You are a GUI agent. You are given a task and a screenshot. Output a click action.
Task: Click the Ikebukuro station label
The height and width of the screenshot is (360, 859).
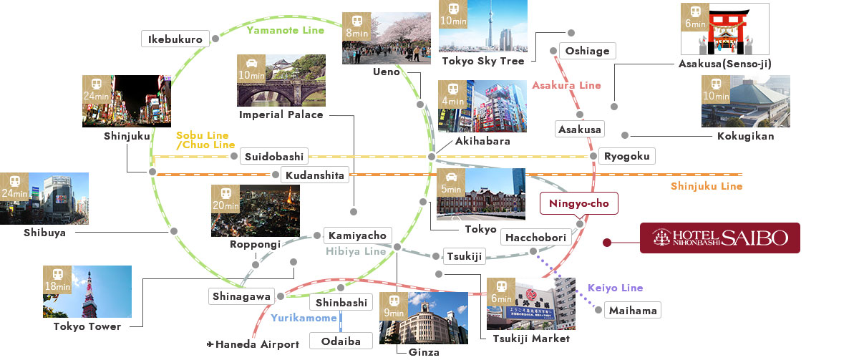pyautogui.click(x=175, y=39)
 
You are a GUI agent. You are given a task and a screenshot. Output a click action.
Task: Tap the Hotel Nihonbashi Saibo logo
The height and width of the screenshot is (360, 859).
pyautogui.click(x=719, y=238)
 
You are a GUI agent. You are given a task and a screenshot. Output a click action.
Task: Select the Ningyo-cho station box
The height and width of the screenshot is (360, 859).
pyautogui.click(x=578, y=204)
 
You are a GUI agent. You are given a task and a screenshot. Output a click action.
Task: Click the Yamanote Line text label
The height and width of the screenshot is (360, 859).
pyautogui.click(x=285, y=30)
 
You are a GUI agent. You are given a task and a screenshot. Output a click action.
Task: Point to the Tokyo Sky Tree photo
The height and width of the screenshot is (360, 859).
pyautogui.click(x=482, y=26)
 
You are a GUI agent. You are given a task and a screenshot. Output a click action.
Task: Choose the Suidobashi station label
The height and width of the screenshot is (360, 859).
pyautogui.click(x=274, y=156)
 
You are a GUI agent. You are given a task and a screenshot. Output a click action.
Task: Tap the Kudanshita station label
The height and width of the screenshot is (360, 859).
pyautogui.click(x=314, y=175)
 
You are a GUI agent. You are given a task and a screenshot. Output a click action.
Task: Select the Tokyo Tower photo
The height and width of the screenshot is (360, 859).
pyautogui.click(x=87, y=291)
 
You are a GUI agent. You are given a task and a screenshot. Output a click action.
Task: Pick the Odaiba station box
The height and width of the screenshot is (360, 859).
pyautogui.click(x=341, y=340)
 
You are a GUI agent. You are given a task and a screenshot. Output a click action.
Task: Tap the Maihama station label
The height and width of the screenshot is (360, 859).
pyautogui.click(x=631, y=311)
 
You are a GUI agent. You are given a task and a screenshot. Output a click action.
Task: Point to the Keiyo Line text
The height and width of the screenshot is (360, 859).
pyautogui.click(x=615, y=288)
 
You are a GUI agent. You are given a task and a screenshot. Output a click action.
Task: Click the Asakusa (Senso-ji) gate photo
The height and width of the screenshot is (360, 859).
pyautogui.click(x=724, y=29)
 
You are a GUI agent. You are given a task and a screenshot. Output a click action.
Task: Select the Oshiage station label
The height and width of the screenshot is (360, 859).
pyautogui.click(x=587, y=51)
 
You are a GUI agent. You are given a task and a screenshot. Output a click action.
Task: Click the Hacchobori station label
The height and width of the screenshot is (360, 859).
pyautogui.click(x=535, y=238)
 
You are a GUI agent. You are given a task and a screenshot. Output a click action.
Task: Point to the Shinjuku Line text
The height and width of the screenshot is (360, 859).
pyautogui.click(x=706, y=186)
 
